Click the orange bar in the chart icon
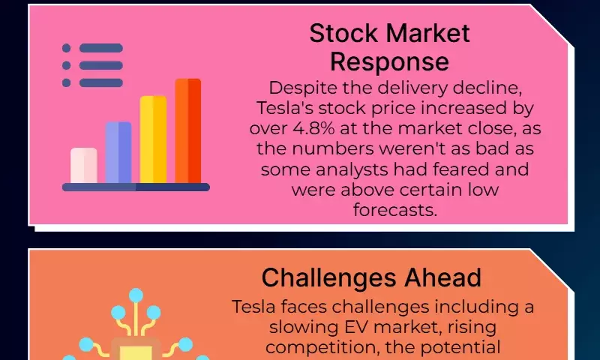coord(188,130)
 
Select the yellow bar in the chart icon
coord(153,139)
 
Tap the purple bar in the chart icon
coord(118,152)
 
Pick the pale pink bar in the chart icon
coord(84,165)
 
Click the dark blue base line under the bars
coord(136,187)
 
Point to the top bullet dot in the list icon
coord(66,48)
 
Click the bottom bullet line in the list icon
coord(101,82)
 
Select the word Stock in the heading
coord(343,33)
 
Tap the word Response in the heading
coord(389,62)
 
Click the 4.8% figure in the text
coord(313,128)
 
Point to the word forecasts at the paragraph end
coord(394,210)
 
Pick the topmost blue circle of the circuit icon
coord(136,295)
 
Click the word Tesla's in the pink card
coord(284,108)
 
